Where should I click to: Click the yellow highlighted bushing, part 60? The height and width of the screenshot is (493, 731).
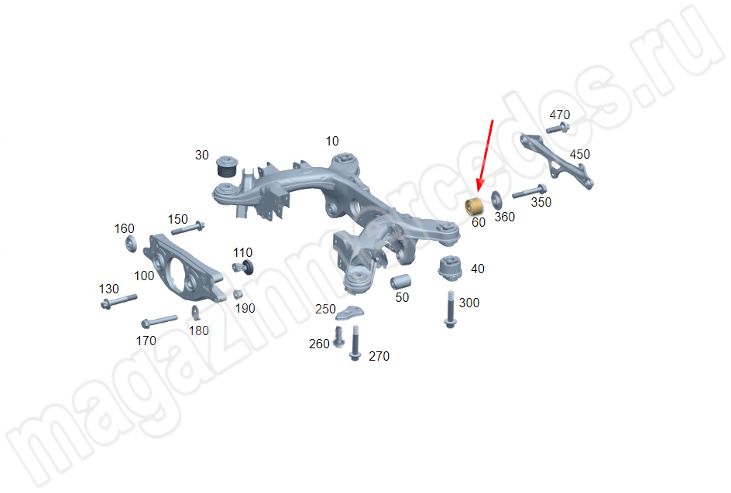click(474, 207)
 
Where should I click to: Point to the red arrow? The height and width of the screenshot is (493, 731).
click(485, 156)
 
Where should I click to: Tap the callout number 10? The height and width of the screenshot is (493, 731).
click(332, 141)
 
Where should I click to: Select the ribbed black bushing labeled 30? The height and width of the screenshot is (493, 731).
click(228, 166)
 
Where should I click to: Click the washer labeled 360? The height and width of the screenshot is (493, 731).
click(496, 200)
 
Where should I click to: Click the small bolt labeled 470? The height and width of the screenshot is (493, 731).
click(558, 128)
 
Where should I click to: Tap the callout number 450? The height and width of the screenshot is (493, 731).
click(579, 154)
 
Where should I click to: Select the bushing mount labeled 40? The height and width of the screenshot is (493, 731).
click(451, 269)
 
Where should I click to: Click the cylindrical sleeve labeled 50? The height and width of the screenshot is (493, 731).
click(400, 282)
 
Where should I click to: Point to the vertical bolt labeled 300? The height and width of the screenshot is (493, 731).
click(451, 309)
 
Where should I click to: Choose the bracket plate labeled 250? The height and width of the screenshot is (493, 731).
click(350, 312)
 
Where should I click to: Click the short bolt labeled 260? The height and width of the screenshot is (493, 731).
click(339, 337)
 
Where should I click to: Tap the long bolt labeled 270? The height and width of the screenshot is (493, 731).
click(355, 343)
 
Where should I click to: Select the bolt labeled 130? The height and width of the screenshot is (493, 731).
click(119, 301)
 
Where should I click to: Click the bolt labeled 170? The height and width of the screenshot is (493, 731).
click(160, 321)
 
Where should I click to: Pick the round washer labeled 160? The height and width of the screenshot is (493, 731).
click(132, 244)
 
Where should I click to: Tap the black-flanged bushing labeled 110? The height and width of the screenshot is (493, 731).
click(243, 268)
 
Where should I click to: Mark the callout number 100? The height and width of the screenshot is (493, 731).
click(144, 276)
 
